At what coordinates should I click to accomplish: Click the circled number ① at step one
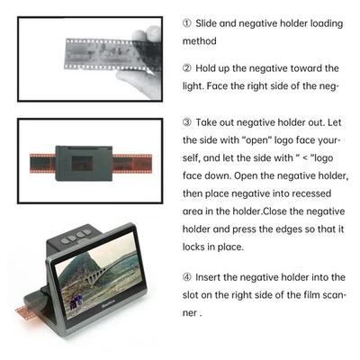tap(188, 23)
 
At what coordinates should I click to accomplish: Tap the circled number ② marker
tap(188, 68)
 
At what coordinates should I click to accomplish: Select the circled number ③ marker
tap(188, 122)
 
